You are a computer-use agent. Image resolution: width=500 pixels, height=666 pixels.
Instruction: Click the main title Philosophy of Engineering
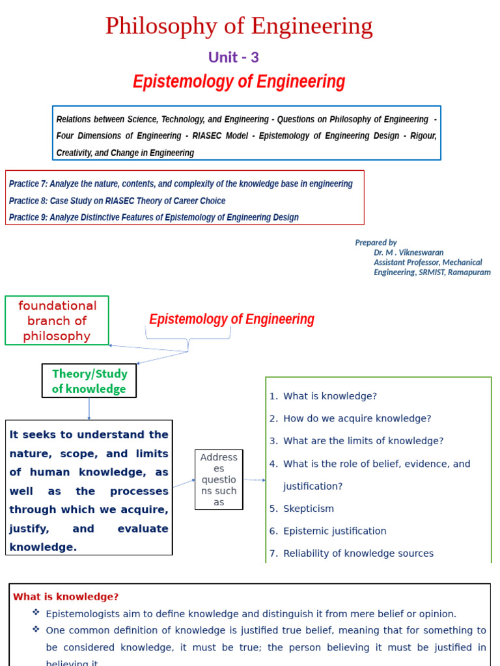(x=239, y=27)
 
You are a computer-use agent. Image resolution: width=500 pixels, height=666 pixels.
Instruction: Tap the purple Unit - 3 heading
(x=233, y=57)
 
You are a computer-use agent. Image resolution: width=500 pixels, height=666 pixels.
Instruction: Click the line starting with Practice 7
(x=181, y=184)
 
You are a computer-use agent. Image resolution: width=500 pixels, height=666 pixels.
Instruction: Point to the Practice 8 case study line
(x=117, y=201)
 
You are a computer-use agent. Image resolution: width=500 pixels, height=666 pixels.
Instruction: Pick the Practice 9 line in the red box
(x=154, y=217)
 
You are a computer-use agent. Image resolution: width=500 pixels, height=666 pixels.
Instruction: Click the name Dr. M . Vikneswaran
(x=408, y=252)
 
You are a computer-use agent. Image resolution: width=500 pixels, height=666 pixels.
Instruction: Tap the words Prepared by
(x=376, y=243)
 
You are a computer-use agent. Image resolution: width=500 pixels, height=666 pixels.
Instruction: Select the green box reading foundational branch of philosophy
(x=57, y=321)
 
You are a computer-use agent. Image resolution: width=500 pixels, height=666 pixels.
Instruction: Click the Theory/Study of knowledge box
(x=89, y=381)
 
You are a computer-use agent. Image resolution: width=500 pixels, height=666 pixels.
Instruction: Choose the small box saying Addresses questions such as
(x=219, y=479)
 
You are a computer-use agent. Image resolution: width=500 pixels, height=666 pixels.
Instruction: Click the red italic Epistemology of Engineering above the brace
(x=232, y=319)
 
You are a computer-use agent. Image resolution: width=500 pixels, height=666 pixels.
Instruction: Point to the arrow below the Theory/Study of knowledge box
(x=89, y=409)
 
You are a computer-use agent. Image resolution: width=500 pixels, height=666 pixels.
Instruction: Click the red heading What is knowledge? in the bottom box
(x=66, y=596)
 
